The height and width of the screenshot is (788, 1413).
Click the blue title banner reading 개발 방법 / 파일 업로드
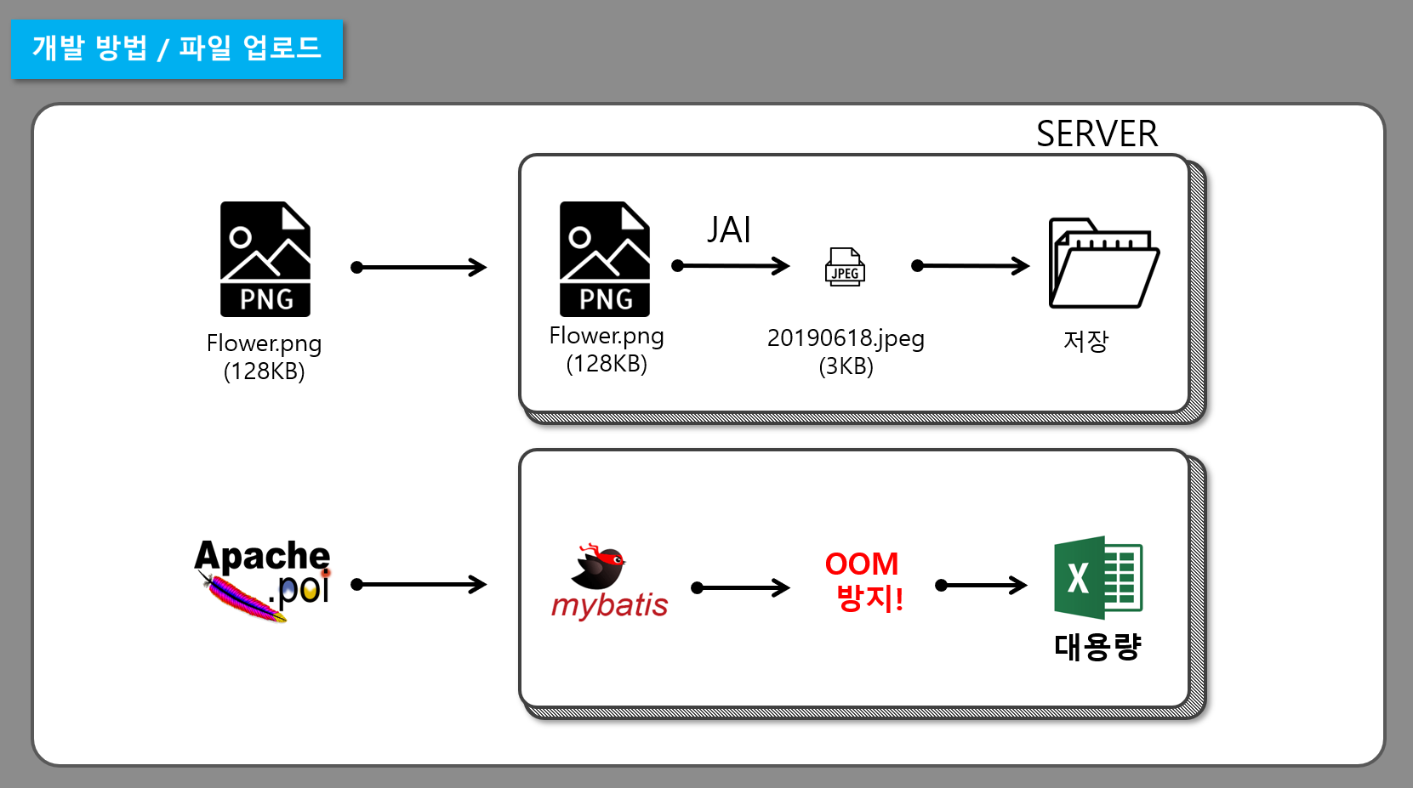click(177, 48)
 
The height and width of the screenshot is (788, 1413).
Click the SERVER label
click(1097, 133)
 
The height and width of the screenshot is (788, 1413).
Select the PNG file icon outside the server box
click(265, 259)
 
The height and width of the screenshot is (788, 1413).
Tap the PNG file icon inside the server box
click(604, 259)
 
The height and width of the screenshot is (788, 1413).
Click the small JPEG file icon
click(845, 268)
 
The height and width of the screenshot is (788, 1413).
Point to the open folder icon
click(1102, 264)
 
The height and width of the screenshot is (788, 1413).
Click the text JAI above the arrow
click(729, 230)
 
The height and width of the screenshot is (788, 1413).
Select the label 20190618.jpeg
click(845, 338)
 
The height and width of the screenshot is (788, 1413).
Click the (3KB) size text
click(846, 366)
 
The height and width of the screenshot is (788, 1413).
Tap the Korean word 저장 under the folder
click(1085, 341)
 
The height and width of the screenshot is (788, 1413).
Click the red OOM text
click(861, 564)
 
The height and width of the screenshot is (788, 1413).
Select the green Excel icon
click(1097, 577)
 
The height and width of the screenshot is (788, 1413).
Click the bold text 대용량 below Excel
click(1097, 647)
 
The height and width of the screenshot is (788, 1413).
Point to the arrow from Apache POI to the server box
click(419, 584)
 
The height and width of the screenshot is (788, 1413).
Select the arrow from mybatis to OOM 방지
click(740, 587)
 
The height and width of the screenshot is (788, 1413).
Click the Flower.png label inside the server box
click(606, 336)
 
